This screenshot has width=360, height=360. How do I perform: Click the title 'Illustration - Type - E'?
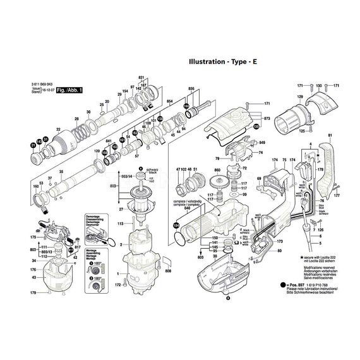pyautogui.click(x=219, y=63)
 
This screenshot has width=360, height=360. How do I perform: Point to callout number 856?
pyautogui.click(x=192, y=89)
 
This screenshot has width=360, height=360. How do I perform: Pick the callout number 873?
pyautogui.click(x=267, y=118)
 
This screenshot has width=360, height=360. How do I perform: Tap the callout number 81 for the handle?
pyautogui.click(x=330, y=136)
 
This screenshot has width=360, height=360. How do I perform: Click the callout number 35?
pyautogui.click(x=61, y=172)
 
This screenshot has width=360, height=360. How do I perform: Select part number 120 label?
pyautogui.click(x=97, y=152)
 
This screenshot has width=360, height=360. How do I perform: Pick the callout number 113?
pyautogui.click(x=119, y=223)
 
